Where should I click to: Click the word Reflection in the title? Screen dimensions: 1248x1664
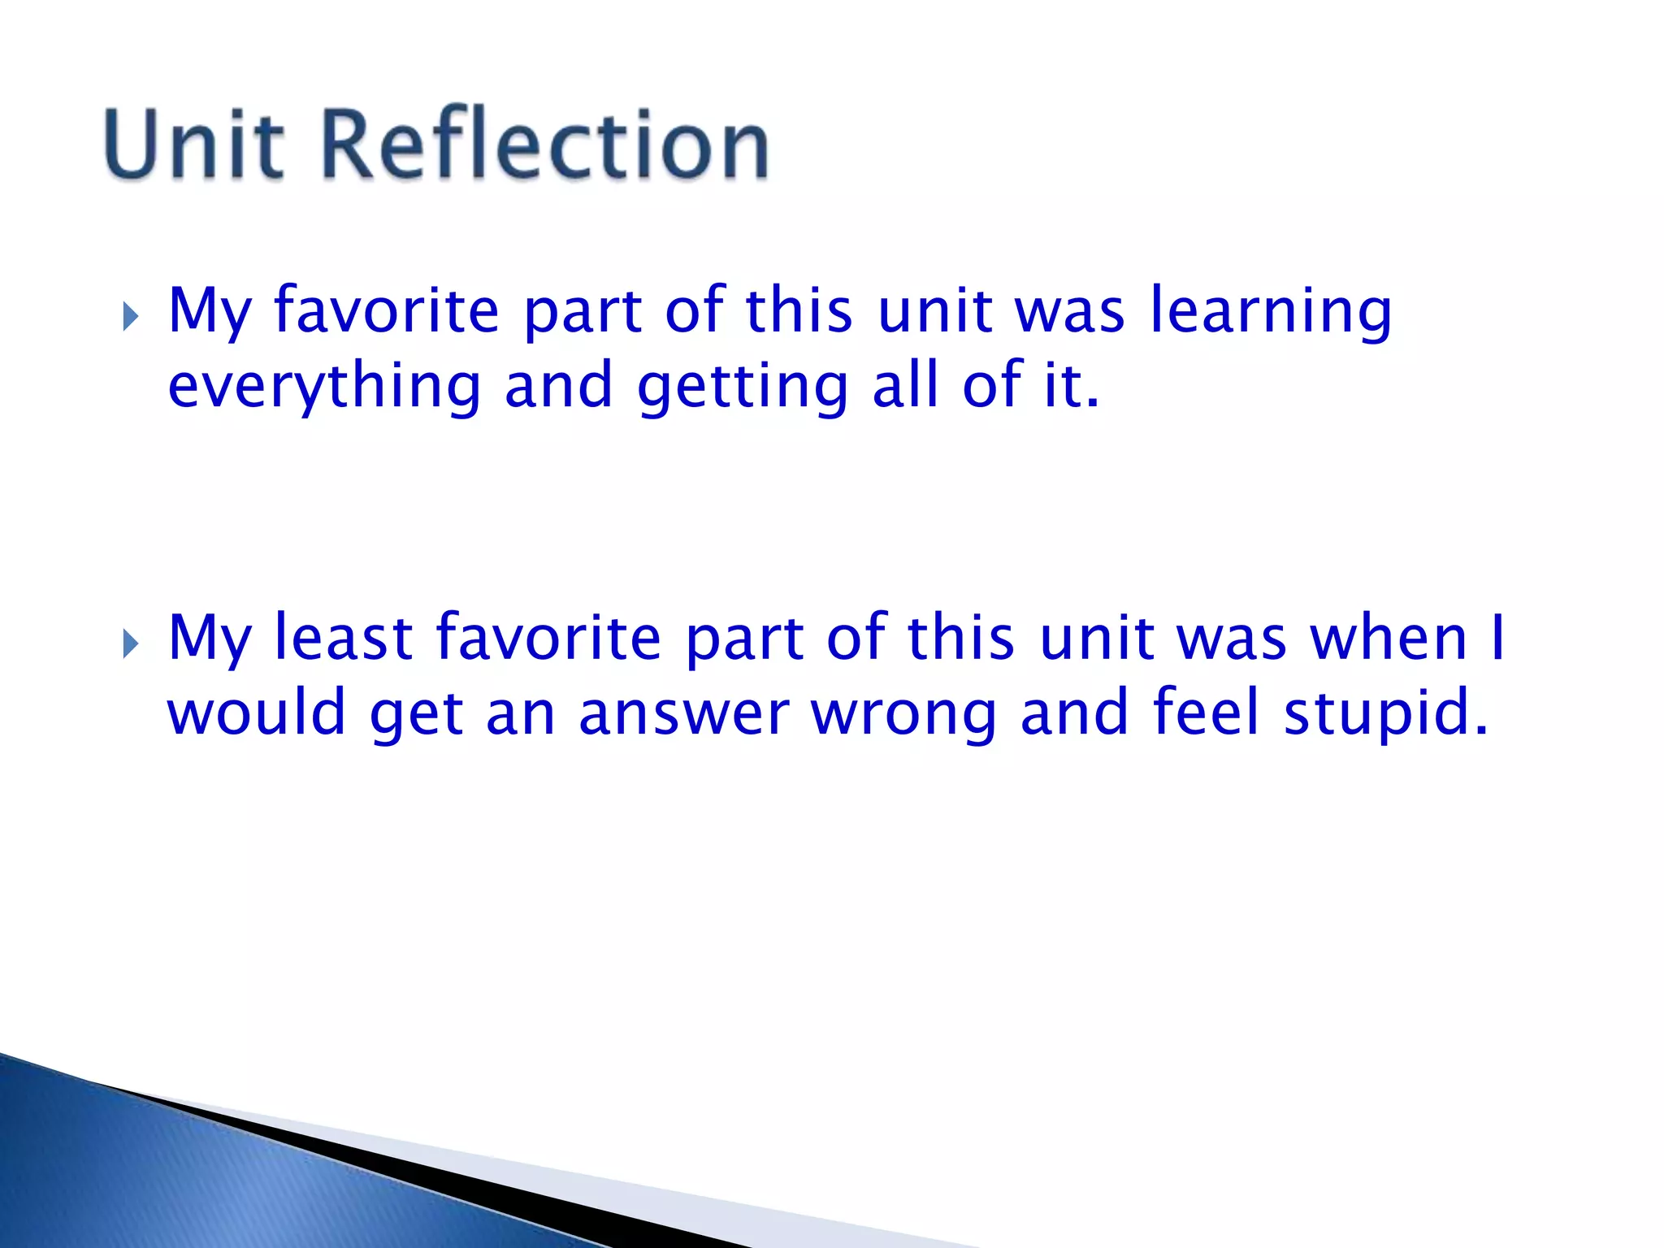(x=545, y=144)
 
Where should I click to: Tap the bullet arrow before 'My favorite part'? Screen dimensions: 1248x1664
(x=131, y=317)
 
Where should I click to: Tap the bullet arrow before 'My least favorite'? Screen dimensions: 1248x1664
(x=131, y=644)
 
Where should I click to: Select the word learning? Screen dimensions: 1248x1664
(x=1271, y=313)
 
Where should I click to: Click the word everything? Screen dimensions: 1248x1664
(x=324, y=388)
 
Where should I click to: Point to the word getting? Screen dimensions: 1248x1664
(x=743, y=388)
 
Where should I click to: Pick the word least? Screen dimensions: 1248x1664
(x=343, y=638)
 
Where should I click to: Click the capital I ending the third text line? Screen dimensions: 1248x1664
(x=1498, y=638)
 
